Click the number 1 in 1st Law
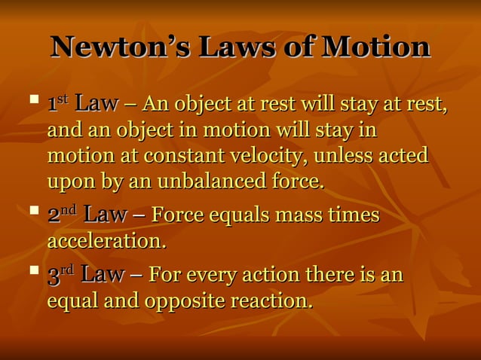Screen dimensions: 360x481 52,105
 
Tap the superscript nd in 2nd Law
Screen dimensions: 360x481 69,210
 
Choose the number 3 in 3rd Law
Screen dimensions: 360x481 53,276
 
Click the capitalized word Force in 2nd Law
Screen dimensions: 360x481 177,215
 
